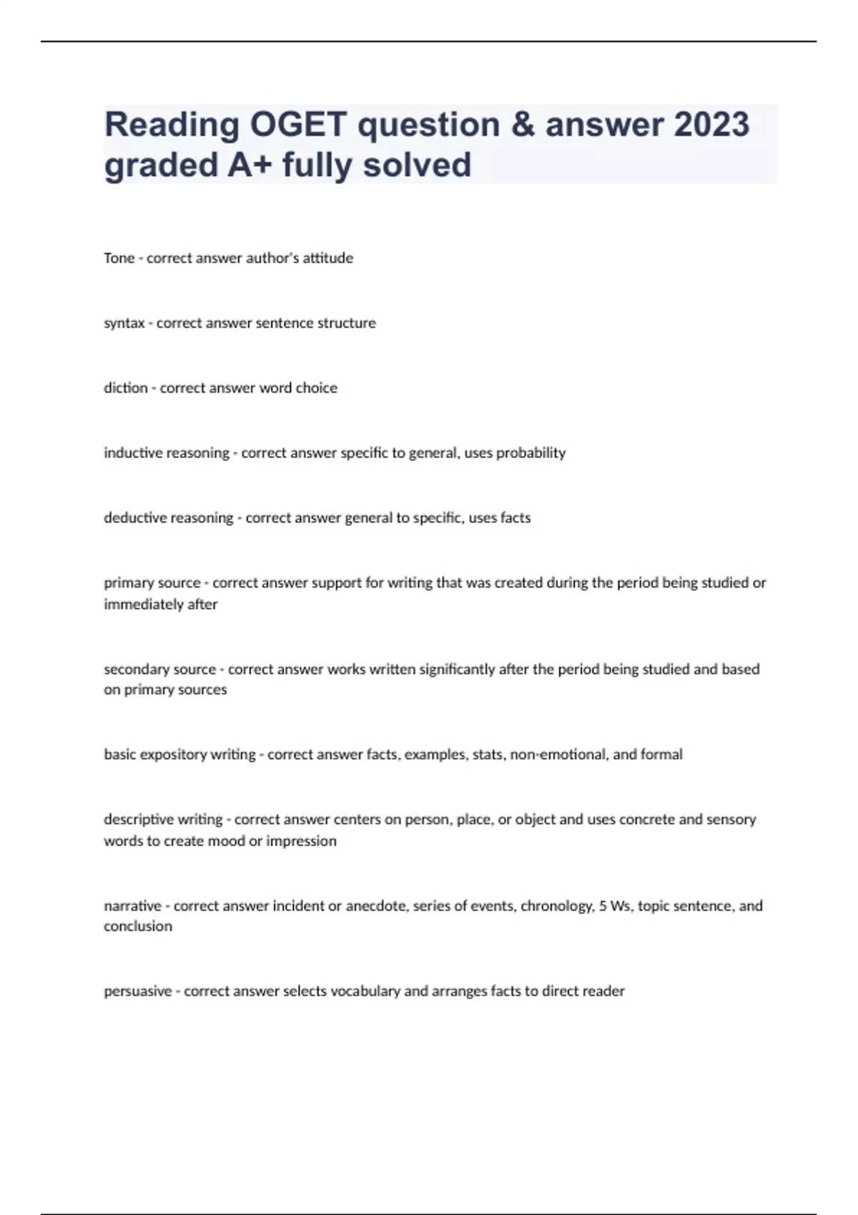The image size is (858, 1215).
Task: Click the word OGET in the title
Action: coord(298,124)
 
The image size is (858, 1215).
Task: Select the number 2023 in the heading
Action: coord(711,124)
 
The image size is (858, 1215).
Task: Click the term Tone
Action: coord(119,258)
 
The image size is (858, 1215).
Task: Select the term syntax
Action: coord(124,323)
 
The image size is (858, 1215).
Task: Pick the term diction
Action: coord(125,388)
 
